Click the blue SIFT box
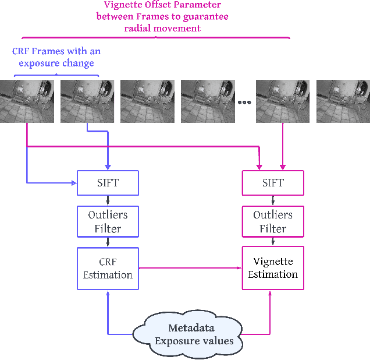pyautogui.click(x=108, y=183)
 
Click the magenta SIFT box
pyautogui.click(x=273, y=183)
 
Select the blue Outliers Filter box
pyautogui.click(x=108, y=221)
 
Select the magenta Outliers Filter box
pyautogui.click(x=273, y=221)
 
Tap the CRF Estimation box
pyautogui.click(x=108, y=268)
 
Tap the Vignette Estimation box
pyautogui.click(x=273, y=268)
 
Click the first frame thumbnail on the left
pyautogui.click(x=27, y=101)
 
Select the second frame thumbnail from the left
pyautogui.click(x=87, y=101)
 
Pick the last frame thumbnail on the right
pyautogui.click(x=343, y=101)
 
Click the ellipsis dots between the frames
pyautogui.click(x=244, y=103)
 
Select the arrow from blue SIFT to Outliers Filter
pyautogui.click(x=108, y=200)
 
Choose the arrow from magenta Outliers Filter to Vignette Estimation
pyautogui.click(x=273, y=242)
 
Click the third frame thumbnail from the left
pyautogui.click(x=147, y=101)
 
